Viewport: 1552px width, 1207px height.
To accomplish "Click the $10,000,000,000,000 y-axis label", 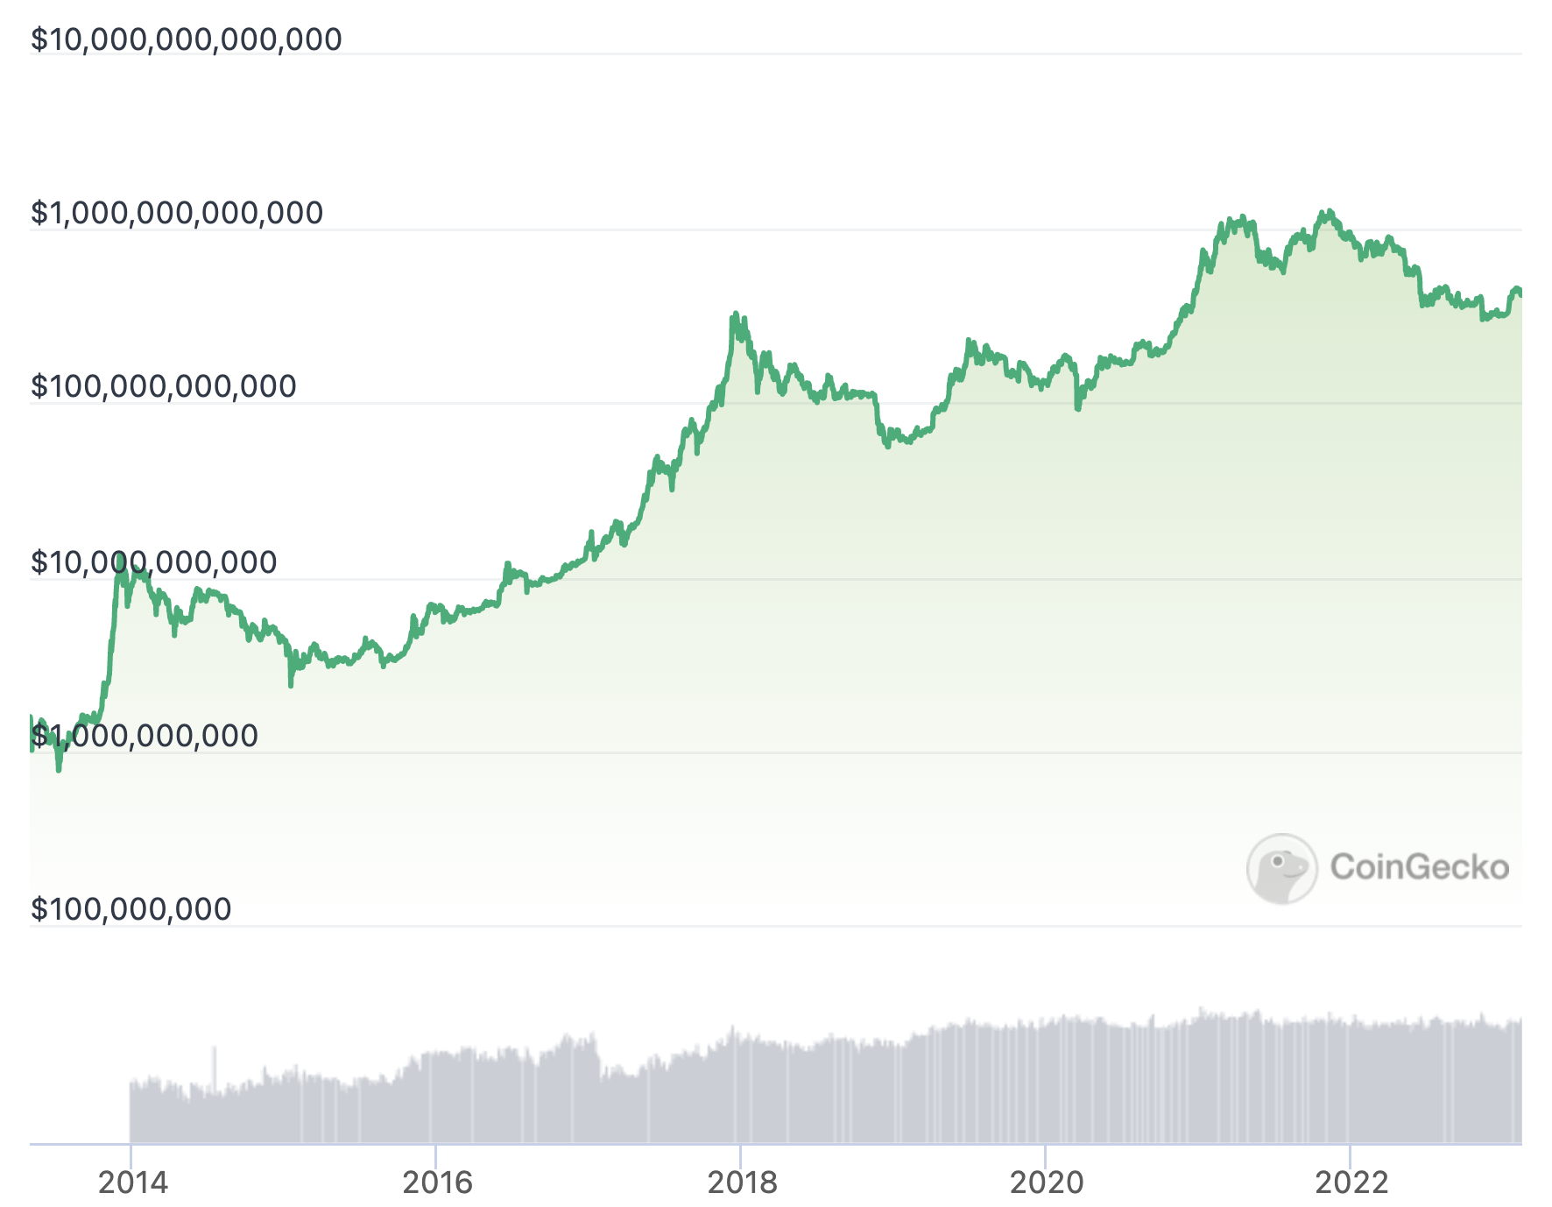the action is click(186, 40).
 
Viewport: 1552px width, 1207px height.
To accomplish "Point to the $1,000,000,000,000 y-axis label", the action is click(177, 213).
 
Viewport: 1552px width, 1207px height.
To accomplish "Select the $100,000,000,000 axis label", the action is click(163, 386).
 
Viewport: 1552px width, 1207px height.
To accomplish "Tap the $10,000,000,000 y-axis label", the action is click(153, 562).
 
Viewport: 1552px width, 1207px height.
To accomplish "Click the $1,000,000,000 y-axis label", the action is click(145, 736).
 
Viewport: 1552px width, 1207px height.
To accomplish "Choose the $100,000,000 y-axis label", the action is click(131, 909).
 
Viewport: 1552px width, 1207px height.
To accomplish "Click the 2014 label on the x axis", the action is click(132, 1182).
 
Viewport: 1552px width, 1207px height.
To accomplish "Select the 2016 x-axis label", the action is click(437, 1182).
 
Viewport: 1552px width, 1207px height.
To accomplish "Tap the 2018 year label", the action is click(742, 1182).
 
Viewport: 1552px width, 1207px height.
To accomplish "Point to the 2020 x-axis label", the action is click(1047, 1182).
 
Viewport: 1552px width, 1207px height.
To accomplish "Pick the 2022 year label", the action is click(1351, 1182).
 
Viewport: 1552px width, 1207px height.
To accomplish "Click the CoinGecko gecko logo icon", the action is click(1281, 868).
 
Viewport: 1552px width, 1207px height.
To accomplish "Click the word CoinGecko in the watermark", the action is click(1419, 867).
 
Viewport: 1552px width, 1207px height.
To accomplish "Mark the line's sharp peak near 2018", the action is click(735, 313).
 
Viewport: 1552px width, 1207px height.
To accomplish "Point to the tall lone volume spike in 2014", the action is click(214, 1069).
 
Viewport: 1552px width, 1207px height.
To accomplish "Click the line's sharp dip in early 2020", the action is click(1077, 408).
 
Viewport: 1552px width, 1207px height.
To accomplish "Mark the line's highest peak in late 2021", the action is click(1329, 211).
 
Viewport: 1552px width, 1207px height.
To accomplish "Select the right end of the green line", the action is click(1520, 293).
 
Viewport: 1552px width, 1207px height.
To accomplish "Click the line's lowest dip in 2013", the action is click(59, 770).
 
